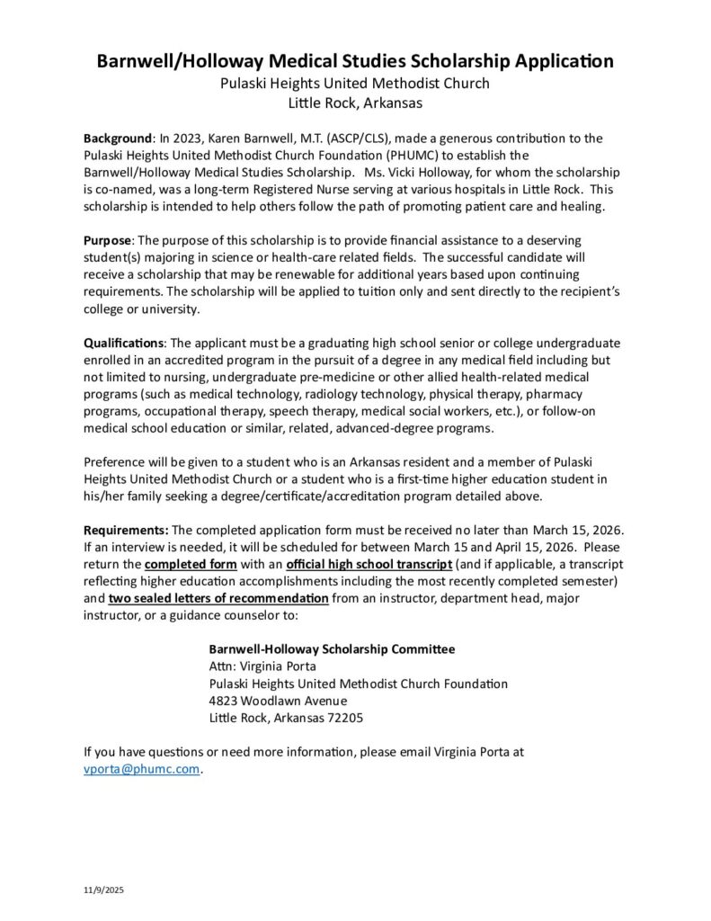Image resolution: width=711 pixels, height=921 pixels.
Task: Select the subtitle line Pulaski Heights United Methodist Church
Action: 355,84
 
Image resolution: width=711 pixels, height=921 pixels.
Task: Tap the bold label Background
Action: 118,139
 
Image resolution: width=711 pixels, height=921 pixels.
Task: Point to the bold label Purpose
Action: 108,242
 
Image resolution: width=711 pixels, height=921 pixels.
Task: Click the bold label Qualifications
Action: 124,344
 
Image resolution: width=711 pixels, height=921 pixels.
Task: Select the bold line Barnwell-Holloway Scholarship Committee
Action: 332,649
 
